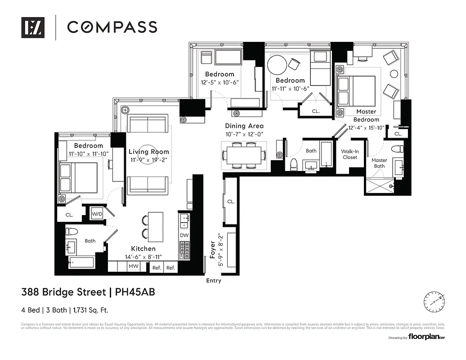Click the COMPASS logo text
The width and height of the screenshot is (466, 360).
coord(112,27)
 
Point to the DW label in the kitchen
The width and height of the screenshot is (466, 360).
coord(184,235)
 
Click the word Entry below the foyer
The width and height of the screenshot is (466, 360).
coord(214,281)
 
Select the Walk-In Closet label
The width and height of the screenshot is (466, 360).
coord(349,154)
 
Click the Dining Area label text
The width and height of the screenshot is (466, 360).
coord(244,126)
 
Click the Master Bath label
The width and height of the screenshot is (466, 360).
coord(379,163)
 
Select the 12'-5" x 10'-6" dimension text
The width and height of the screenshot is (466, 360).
coord(220,82)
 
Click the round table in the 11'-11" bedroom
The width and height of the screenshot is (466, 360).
coord(277,65)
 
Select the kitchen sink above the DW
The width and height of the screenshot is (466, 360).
coord(184,221)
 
